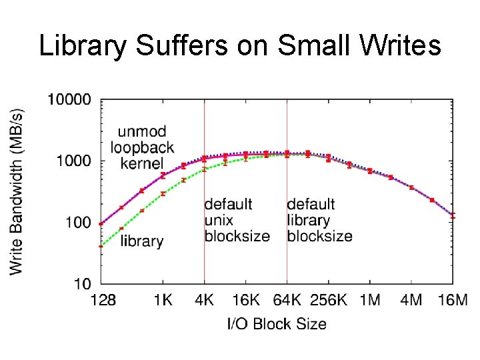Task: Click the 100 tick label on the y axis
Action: (x=77, y=222)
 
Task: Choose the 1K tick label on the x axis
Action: (x=163, y=300)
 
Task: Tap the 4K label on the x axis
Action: (x=204, y=300)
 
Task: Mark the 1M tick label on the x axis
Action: (x=370, y=300)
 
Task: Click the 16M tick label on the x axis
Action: (x=453, y=300)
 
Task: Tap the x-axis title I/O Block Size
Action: (x=277, y=324)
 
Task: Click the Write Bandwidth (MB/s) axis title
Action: (x=17, y=191)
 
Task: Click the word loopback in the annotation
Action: (x=142, y=147)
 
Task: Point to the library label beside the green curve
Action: (x=142, y=241)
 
